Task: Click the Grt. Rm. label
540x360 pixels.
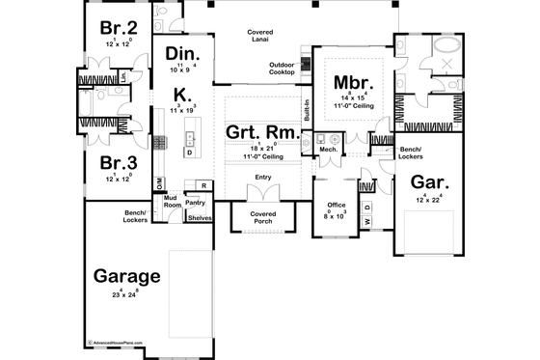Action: point(261,133)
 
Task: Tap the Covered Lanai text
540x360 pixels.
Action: point(259,38)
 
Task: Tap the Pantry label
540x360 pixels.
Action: point(197,204)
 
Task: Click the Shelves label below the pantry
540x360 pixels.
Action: point(200,218)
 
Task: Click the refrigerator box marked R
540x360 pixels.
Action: point(203,185)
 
